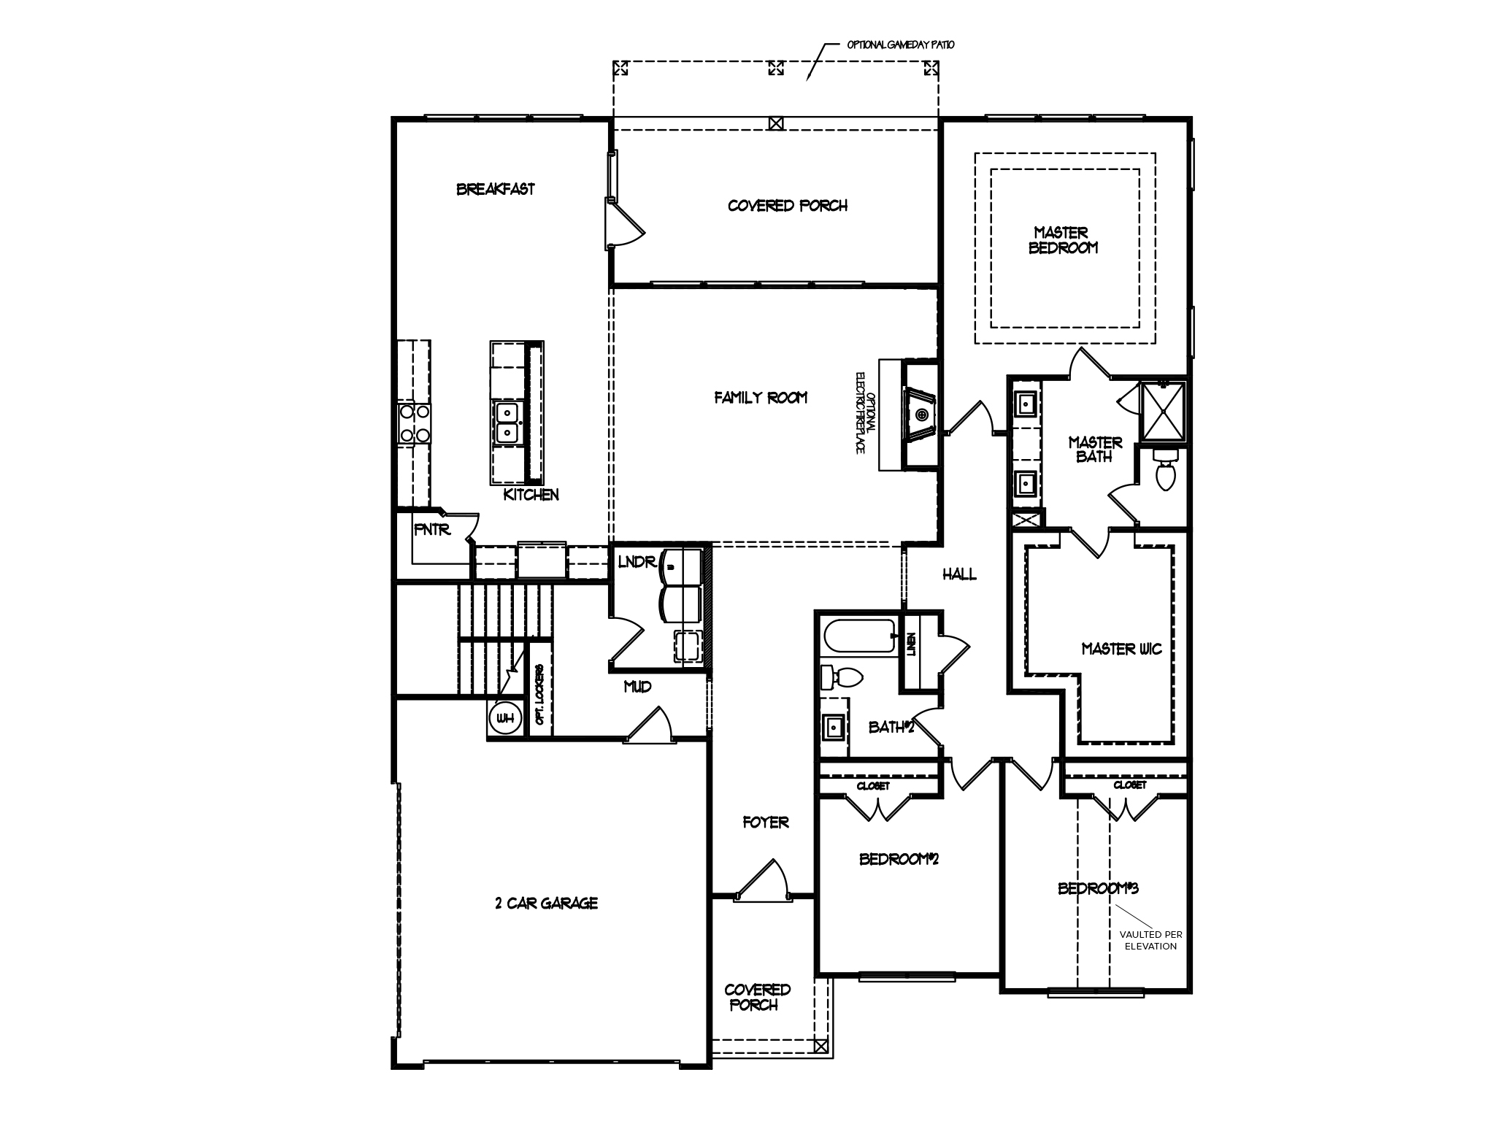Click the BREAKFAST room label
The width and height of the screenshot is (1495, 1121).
click(496, 189)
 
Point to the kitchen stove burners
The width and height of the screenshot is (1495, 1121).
click(414, 423)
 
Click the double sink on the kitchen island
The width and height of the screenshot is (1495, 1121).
click(507, 423)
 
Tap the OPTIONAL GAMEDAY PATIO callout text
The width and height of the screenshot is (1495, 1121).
click(900, 45)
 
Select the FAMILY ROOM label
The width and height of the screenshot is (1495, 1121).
click(761, 398)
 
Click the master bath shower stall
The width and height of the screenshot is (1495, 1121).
click(1164, 411)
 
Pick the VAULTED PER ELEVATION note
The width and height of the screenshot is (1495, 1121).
click(1150, 940)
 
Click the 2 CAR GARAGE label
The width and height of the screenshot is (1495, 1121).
click(546, 904)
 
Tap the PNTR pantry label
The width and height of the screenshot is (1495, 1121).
click(432, 531)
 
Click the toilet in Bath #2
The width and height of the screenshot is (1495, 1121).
click(839, 678)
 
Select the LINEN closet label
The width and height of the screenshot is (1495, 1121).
click(911, 645)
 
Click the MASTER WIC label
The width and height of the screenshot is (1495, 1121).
click(1121, 649)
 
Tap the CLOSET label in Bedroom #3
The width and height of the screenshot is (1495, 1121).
click(1129, 785)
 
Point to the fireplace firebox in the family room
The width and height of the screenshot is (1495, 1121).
click(921, 415)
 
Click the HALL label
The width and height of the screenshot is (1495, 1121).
click(959, 575)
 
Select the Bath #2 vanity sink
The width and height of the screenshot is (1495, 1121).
click(834, 726)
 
